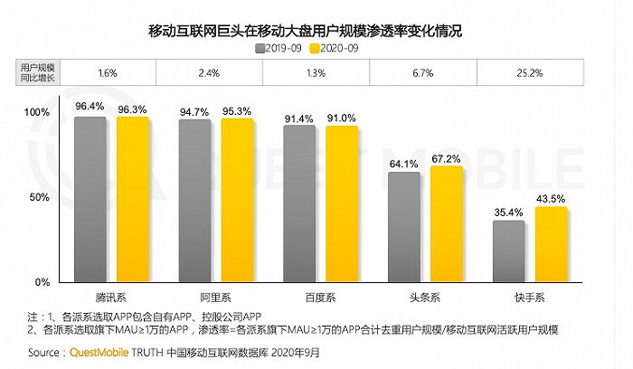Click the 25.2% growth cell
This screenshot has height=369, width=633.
(529, 72)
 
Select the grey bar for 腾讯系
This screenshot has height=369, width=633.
(90, 199)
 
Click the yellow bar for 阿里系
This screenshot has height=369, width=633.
(237, 200)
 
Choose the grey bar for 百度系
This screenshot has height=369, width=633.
(299, 203)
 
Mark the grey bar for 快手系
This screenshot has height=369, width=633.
(509, 251)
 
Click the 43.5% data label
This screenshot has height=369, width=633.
(552, 198)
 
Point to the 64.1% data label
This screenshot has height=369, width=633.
(403, 164)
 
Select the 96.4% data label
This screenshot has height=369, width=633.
(90, 107)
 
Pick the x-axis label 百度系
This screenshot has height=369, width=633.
(321, 297)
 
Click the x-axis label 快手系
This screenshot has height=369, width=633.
(530, 297)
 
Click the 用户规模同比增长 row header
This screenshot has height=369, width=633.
(37, 72)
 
